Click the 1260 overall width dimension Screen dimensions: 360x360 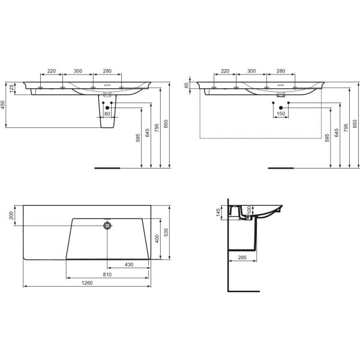87,283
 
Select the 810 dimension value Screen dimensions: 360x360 107,274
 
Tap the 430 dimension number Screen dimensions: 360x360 129,265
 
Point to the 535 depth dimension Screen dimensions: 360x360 166,232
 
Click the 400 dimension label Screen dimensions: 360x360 157,239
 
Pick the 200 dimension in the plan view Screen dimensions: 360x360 11,215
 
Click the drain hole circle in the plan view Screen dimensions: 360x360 107,226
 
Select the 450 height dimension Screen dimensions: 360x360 3,104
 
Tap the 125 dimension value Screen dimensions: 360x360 11,89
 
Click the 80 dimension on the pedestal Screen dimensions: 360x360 107,113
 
